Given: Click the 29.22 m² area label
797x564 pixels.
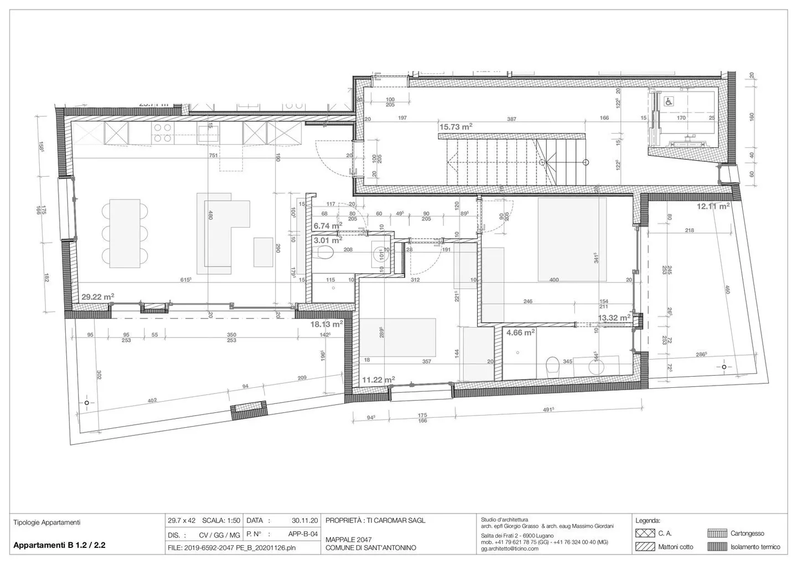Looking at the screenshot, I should click(x=98, y=297).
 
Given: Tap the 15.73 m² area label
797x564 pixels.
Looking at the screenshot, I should click(x=456, y=127).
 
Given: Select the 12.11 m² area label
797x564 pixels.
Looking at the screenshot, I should click(x=713, y=206).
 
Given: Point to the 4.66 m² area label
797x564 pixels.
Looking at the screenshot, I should click(x=520, y=333).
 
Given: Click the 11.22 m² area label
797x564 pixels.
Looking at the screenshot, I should click(x=378, y=380).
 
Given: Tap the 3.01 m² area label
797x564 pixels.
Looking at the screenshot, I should click(x=327, y=240).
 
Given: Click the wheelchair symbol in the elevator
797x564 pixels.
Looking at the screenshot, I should click(x=669, y=101).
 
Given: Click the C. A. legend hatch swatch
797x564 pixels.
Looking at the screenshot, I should click(x=645, y=534).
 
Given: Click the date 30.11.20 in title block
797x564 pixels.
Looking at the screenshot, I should click(x=304, y=521).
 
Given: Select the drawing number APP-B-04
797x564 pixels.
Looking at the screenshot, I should click(x=303, y=535).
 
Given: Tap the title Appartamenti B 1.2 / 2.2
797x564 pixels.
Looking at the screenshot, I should click(x=59, y=545).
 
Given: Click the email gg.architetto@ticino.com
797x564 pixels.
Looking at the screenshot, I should click(x=509, y=548).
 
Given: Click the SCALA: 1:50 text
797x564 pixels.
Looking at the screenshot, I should click(x=221, y=521).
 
